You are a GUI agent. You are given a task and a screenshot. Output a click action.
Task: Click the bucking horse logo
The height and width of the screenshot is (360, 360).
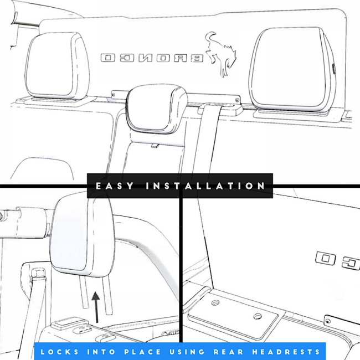(221, 54)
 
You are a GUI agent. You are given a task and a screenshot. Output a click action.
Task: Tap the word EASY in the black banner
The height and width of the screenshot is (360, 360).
(115, 186)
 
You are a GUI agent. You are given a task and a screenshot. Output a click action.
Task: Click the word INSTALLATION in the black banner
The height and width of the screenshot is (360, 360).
(205, 186)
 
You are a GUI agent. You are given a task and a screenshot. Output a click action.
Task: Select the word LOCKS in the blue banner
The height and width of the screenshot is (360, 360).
(59, 352)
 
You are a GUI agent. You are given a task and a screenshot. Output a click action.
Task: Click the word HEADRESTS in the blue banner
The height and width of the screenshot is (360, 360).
(286, 352)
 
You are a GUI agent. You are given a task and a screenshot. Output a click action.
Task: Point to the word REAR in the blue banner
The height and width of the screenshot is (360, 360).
(228, 352)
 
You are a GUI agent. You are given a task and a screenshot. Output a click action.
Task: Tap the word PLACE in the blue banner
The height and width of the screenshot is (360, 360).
(142, 352)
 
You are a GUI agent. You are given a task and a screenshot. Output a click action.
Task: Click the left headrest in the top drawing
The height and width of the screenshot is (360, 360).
(57, 66)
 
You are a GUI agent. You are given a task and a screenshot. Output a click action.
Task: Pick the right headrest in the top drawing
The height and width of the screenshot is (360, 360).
(292, 70)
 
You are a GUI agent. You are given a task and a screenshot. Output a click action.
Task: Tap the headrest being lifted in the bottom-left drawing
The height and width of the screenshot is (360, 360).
(82, 236)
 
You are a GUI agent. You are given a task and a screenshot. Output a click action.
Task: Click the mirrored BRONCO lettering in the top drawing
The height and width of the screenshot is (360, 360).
(152, 58)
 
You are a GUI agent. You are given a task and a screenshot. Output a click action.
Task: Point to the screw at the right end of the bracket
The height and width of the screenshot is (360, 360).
(237, 100)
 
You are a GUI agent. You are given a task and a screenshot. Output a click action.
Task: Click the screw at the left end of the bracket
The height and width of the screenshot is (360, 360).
(113, 94)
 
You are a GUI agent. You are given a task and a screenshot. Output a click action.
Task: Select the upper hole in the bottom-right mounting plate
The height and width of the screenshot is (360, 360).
(215, 303)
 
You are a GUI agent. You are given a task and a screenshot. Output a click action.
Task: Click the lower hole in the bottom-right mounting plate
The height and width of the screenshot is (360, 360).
(258, 317)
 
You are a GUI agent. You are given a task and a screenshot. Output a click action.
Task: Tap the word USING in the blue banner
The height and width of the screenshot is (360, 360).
(187, 352)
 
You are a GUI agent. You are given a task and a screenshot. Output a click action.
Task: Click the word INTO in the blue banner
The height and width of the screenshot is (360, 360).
(101, 352)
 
